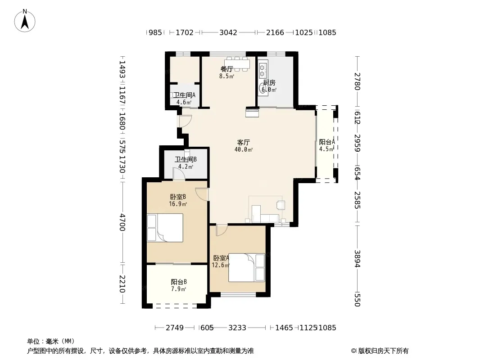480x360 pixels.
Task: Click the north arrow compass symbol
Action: (25, 21)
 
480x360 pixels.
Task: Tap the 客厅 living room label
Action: (243, 142)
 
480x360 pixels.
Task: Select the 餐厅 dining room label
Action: (227, 69)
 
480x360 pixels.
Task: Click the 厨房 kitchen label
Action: (269, 83)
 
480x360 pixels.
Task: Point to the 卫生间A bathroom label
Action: (184, 95)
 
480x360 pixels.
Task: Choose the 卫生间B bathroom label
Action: (186, 159)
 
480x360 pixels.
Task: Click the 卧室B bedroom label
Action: (178, 197)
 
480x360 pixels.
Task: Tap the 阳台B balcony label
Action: (179, 282)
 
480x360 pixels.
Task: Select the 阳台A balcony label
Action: (327, 142)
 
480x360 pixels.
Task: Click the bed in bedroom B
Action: (165, 228)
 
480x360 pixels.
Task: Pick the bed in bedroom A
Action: (246, 268)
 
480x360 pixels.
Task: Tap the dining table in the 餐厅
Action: (237, 64)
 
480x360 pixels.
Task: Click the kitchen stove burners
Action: (263, 70)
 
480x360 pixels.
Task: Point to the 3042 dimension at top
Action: (228, 32)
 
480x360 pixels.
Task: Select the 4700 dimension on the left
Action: (122, 222)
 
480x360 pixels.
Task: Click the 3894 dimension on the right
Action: (357, 259)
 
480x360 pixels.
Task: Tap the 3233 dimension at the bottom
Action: (237, 328)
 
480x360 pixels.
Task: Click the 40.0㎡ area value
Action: (244, 149)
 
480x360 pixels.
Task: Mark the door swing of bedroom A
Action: (222, 230)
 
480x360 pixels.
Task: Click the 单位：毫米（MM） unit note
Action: (51, 342)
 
